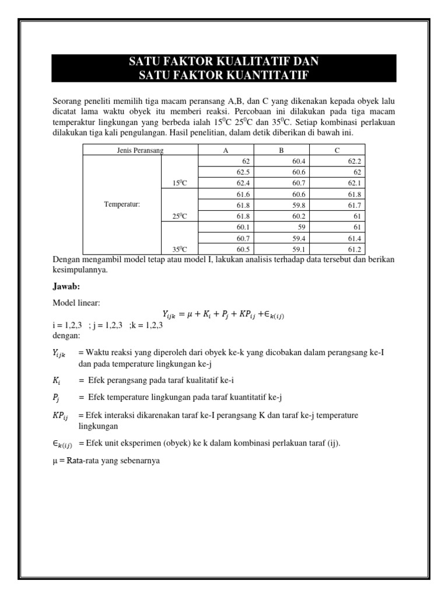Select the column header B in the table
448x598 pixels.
[x=281, y=150]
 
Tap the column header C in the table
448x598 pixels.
[x=337, y=150]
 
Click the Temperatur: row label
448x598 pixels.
[x=122, y=204]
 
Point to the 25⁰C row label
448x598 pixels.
[x=180, y=216]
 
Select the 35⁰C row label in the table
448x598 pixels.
[x=180, y=249]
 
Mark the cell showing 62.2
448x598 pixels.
[x=355, y=161]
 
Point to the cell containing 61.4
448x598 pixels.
[x=355, y=238]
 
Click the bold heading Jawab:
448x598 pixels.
[x=66, y=287]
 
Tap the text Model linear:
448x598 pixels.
[x=76, y=304]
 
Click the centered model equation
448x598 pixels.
[x=223, y=315]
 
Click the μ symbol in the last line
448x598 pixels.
[x=55, y=460]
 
